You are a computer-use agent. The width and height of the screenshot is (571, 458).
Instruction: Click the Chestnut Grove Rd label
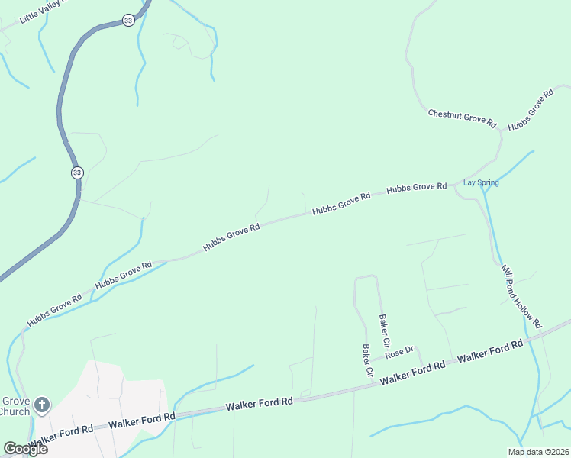click(462, 118)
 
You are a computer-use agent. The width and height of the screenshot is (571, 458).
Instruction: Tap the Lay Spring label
click(481, 182)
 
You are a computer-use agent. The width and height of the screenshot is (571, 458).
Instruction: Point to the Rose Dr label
click(399, 353)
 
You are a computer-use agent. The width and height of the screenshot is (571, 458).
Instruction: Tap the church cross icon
click(42, 405)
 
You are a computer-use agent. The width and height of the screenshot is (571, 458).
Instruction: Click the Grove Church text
click(15, 406)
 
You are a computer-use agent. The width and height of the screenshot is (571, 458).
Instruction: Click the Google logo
click(25, 449)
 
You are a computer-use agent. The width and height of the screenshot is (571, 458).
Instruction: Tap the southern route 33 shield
click(77, 173)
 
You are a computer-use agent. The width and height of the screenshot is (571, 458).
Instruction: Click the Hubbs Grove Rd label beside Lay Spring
click(416, 187)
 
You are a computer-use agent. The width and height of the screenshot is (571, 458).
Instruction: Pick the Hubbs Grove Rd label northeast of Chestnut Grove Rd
click(530, 110)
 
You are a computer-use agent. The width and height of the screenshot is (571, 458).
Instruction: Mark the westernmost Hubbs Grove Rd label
click(54, 311)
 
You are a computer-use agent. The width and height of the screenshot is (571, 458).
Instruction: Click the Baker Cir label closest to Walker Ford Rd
click(368, 361)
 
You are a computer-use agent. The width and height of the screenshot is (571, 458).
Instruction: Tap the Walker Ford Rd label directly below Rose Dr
click(412, 373)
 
